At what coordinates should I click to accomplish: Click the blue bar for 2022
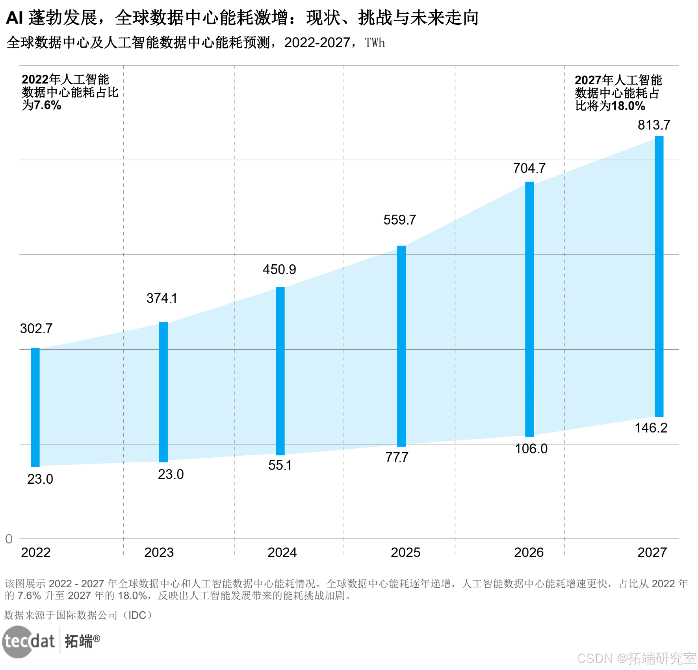point(35,407)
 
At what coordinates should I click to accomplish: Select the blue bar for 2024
point(280,371)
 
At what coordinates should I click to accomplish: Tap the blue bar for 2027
point(659,276)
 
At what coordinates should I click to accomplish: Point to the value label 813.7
point(654,125)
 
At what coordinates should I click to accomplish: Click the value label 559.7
point(399,220)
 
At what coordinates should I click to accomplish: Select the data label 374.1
point(162,298)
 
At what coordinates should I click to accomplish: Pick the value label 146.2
point(651,428)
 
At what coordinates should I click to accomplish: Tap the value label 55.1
point(280,465)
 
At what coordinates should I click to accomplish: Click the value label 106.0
point(531,449)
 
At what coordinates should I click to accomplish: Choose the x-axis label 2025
point(405,552)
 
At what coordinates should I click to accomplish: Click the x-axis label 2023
point(159,552)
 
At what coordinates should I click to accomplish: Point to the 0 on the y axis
point(9,539)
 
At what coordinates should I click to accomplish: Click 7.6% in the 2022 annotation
point(47,105)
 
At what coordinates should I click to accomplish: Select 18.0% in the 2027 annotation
point(628,106)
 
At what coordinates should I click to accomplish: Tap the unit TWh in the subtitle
point(375,43)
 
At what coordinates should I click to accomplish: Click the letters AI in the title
point(15,18)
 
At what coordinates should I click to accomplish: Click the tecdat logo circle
point(18,642)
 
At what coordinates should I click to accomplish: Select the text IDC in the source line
point(137,615)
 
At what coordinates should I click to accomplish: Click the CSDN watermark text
point(595,658)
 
